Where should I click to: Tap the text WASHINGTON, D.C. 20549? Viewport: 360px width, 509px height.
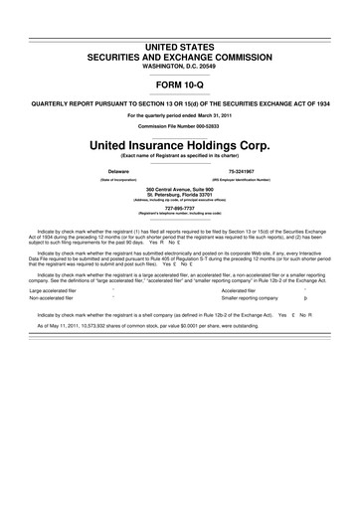[x=179, y=38]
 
